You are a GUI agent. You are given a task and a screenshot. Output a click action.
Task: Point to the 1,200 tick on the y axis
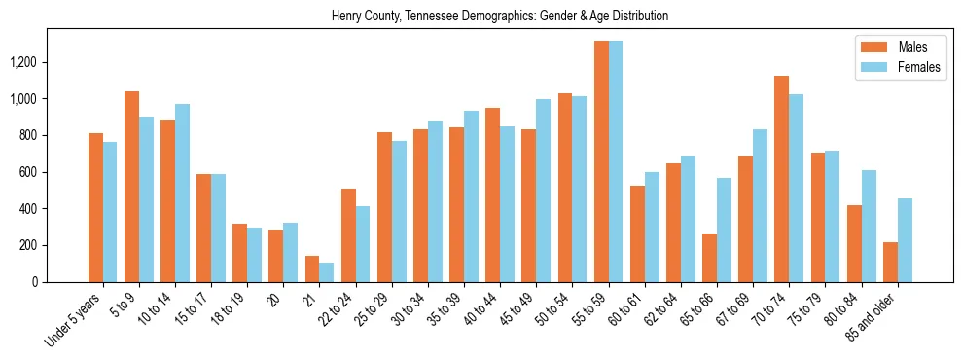click(x=50, y=62)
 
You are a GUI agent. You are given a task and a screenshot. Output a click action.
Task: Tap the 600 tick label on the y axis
click(x=55, y=172)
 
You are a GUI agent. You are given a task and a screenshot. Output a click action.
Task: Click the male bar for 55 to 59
click(x=601, y=162)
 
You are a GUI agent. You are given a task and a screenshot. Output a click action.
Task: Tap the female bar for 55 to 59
click(x=616, y=162)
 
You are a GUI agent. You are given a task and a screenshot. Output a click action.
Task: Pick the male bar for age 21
click(x=312, y=269)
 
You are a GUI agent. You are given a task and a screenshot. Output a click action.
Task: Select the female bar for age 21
click(x=327, y=272)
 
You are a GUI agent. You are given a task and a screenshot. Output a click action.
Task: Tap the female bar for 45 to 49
click(x=543, y=191)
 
